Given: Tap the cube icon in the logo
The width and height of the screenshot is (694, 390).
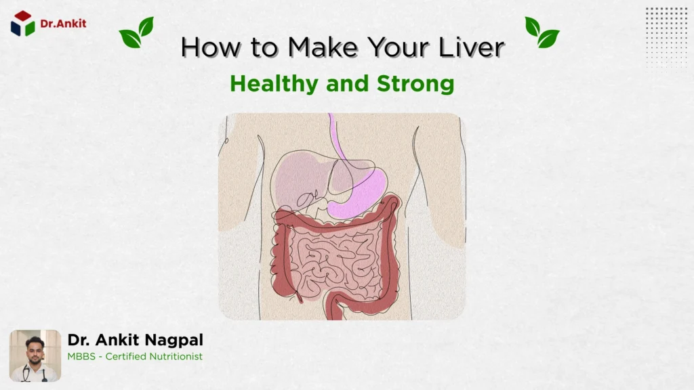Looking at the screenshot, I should (x=22, y=23).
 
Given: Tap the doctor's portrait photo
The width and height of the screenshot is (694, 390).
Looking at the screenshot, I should (x=35, y=355).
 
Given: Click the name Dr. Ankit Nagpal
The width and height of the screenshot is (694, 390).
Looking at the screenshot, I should (x=135, y=340).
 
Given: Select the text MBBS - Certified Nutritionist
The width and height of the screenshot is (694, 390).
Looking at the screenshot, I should (x=135, y=357).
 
